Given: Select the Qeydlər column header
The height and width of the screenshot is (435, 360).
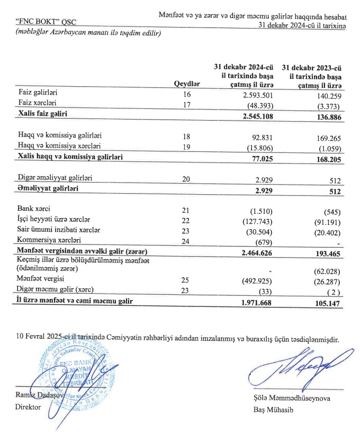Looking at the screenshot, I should (x=187, y=85).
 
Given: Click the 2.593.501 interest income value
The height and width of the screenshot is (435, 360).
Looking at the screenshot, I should (x=257, y=95).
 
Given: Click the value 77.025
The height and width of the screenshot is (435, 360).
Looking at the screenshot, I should (x=262, y=158).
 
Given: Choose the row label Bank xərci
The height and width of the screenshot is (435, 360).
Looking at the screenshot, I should (x=35, y=210).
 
